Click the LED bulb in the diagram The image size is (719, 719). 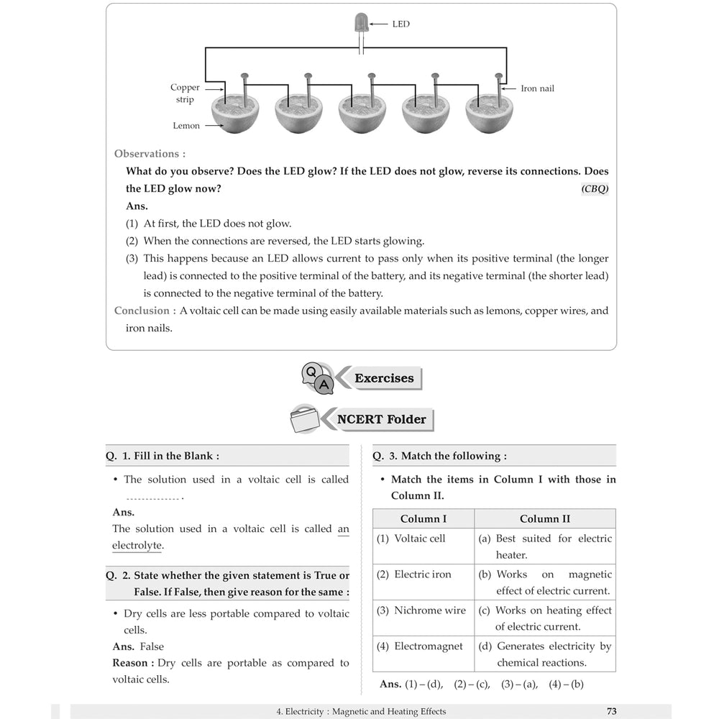(360, 24)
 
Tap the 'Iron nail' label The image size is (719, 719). (537, 88)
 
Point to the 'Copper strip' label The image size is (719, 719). (185, 93)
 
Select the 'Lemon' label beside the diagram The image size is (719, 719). (186, 126)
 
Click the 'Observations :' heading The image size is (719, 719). (150, 154)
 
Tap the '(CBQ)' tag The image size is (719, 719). (594, 189)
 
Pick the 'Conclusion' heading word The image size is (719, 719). (142, 311)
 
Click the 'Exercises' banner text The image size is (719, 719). (384, 378)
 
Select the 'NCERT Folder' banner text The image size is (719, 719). (381, 419)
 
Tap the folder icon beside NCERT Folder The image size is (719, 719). (303, 419)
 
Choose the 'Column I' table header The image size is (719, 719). (423, 518)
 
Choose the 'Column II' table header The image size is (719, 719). (545, 518)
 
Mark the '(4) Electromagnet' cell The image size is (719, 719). (420, 646)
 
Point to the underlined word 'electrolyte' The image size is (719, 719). (137, 546)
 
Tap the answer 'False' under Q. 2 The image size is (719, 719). (152, 646)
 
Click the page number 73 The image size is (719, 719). (611, 711)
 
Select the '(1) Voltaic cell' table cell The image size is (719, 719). (411, 539)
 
